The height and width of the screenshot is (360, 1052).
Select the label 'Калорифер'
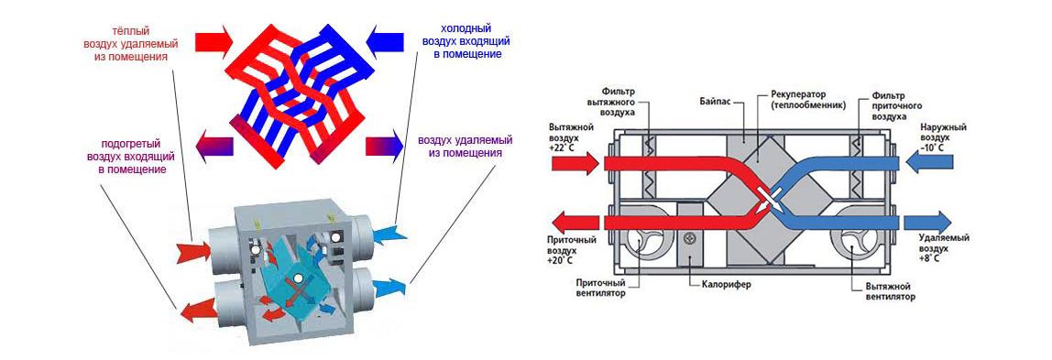[x=725, y=285]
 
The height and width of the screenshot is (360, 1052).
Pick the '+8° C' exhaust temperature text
[x=929, y=257]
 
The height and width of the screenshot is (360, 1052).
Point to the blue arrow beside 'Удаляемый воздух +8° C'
[x=928, y=222]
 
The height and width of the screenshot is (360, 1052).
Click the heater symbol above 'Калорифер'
[x=689, y=238]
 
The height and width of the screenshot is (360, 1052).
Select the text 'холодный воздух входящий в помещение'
[x=467, y=41]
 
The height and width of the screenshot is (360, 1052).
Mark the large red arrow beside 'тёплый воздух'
[x=214, y=41]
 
